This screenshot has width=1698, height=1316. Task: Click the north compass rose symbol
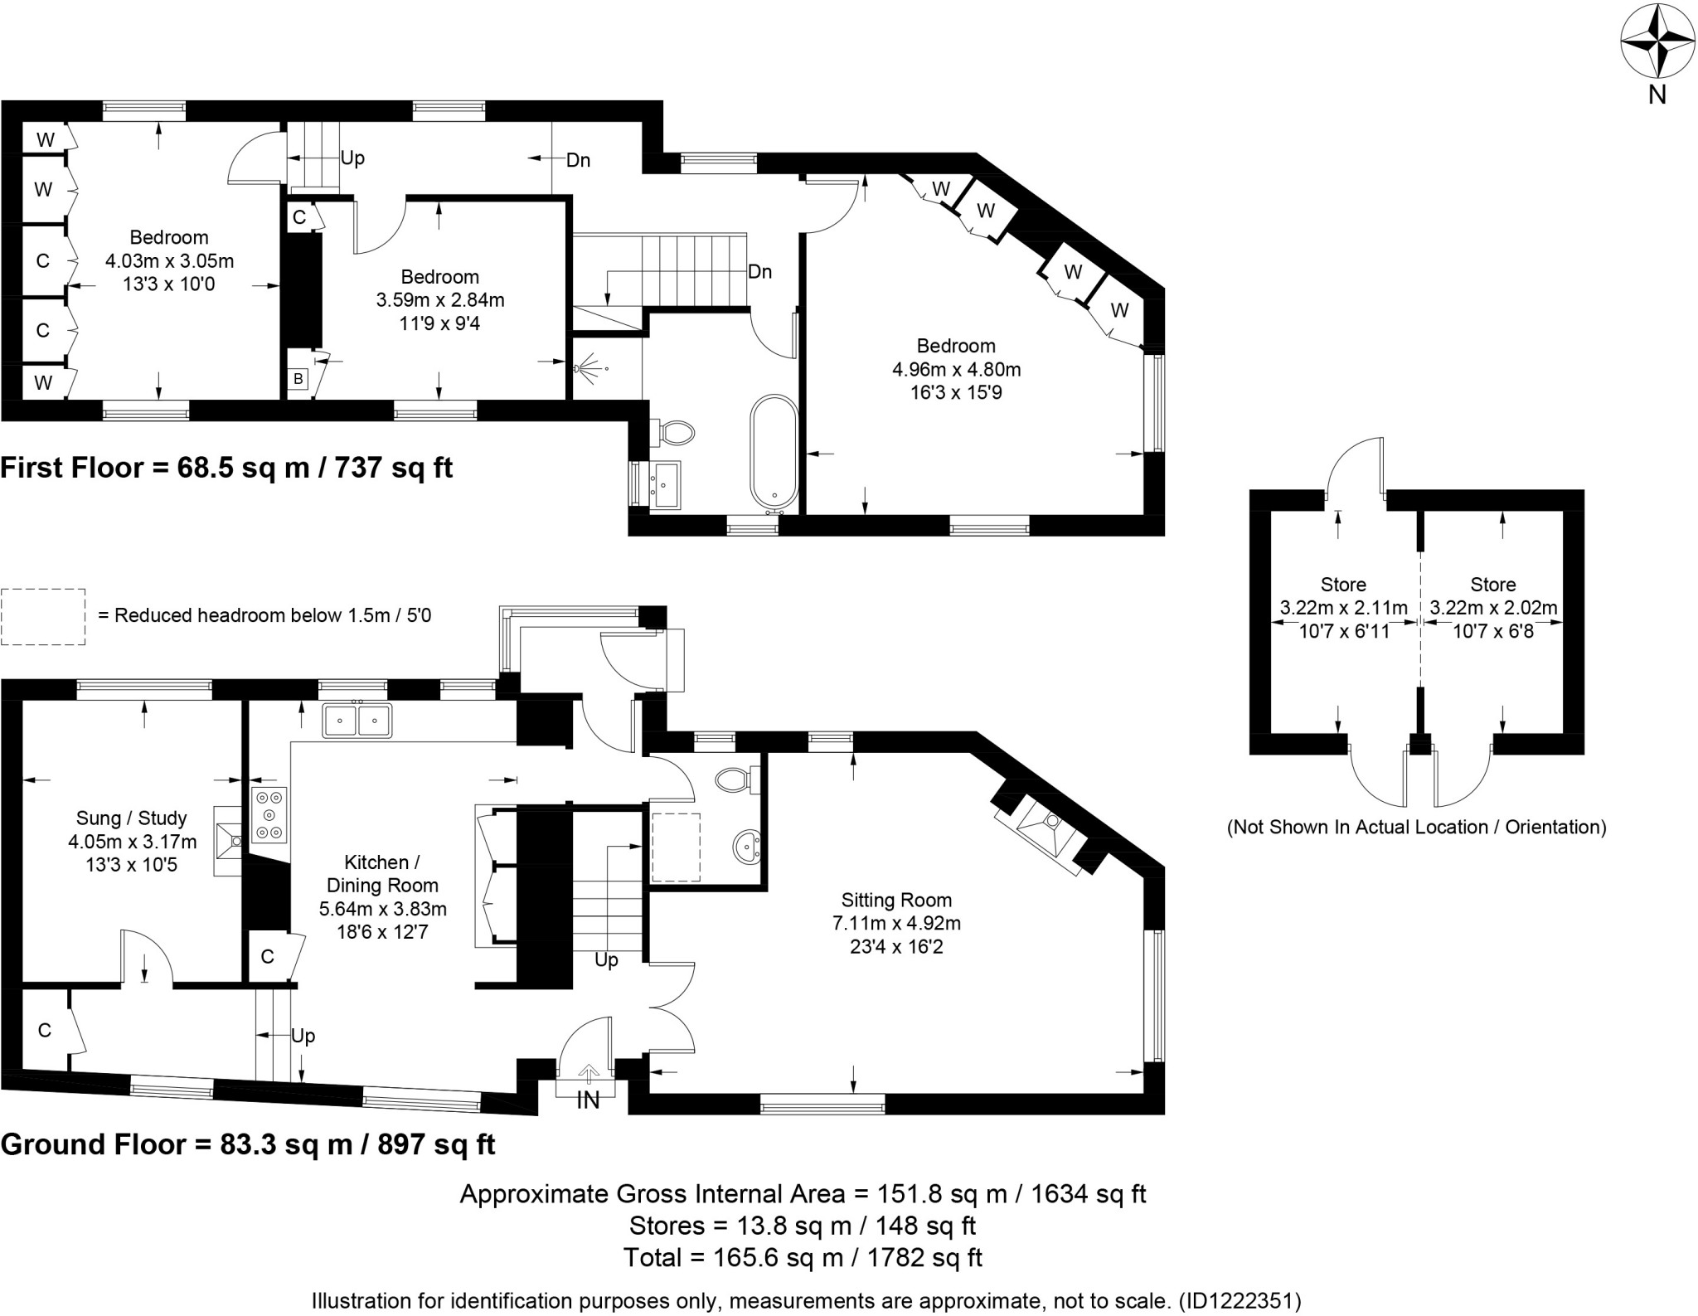(1645, 56)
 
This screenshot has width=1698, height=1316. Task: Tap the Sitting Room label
(896, 900)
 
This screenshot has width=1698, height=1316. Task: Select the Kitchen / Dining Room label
(382, 874)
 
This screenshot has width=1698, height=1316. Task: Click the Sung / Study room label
(132, 818)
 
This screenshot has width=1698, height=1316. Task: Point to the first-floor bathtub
(774, 452)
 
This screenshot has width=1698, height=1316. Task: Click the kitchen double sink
(357, 720)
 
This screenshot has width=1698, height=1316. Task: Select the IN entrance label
(588, 1100)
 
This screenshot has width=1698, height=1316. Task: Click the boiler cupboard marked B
(298, 380)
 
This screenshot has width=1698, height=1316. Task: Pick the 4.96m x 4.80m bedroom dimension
(956, 369)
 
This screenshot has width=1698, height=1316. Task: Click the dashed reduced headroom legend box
(43, 616)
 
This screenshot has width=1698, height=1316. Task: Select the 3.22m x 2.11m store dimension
(1343, 608)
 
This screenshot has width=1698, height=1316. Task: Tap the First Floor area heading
(226, 468)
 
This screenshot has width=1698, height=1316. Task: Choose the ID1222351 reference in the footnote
(1240, 1300)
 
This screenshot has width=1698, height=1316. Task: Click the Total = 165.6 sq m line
(803, 1257)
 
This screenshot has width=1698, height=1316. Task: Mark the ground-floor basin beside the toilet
(747, 847)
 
